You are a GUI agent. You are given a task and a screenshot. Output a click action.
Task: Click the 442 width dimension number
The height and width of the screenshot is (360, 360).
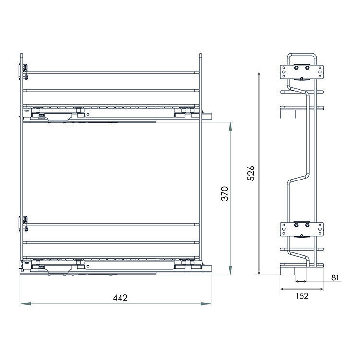click(120, 298)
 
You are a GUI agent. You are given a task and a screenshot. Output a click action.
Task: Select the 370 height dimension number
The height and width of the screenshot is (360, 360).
click(224, 193)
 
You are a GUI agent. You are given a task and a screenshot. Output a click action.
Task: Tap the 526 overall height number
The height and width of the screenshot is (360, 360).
click(251, 173)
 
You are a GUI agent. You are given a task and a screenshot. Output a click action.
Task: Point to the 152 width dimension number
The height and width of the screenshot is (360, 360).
click(302, 296)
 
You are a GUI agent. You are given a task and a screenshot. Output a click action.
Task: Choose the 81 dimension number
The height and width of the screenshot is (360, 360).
click(335, 277)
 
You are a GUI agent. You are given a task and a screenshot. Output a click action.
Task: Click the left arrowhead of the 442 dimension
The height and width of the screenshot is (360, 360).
click(25, 304)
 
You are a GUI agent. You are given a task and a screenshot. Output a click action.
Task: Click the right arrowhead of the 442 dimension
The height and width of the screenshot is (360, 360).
click(206, 304)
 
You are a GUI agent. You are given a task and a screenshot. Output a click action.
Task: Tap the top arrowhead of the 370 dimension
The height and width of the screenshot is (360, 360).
click(230, 127)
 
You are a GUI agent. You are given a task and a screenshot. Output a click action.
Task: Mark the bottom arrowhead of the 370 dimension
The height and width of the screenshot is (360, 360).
click(230, 270)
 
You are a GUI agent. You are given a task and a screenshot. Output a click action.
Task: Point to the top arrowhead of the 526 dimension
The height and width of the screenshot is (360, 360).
click(259, 74)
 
